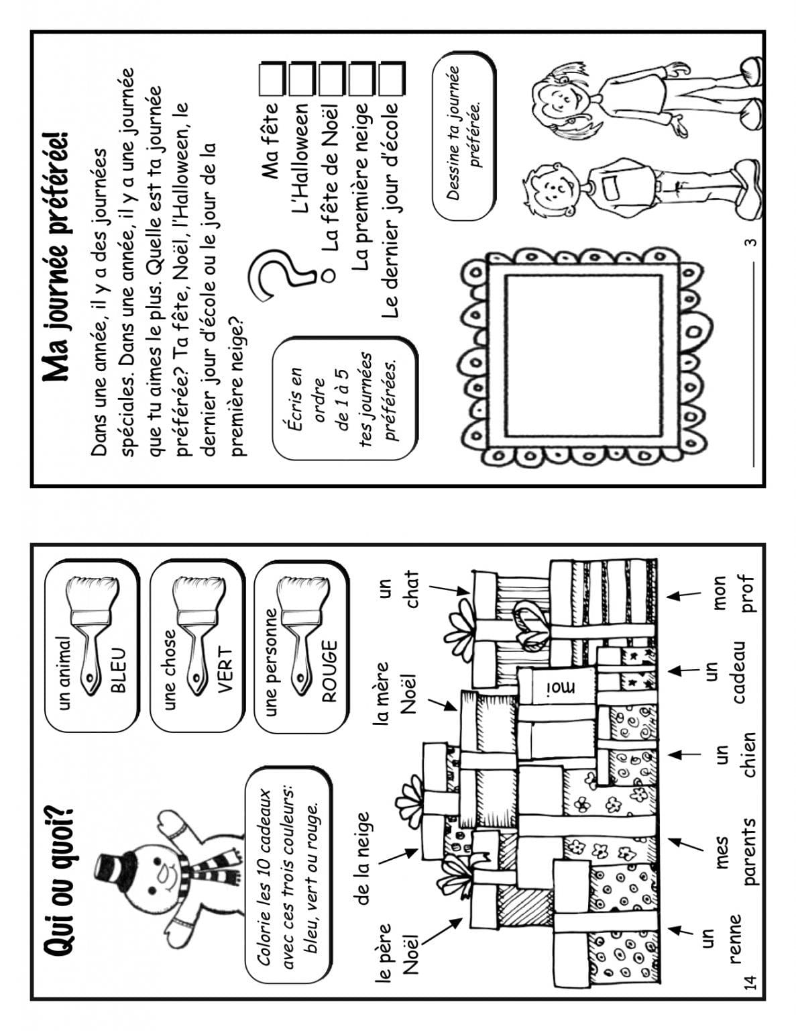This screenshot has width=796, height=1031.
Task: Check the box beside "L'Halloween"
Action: tap(302, 78)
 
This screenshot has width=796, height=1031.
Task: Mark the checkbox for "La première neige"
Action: tap(362, 78)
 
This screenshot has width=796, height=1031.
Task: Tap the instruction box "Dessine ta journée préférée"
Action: tap(463, 135)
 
